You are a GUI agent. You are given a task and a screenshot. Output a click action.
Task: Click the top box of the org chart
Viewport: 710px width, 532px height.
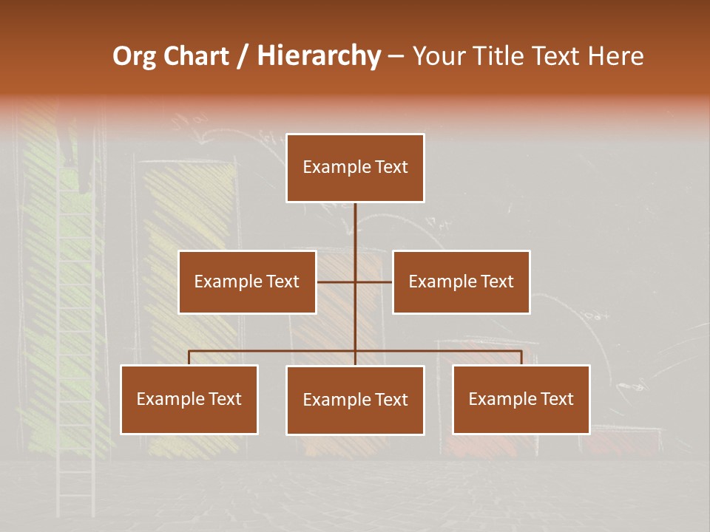tap(355, 168)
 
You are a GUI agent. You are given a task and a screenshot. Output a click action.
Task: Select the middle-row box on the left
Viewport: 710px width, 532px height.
tap(247, 282)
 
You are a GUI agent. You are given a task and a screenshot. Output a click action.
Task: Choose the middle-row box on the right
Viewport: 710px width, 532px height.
tap(461, 282)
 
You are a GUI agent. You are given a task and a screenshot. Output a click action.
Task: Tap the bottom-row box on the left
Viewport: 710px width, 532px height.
tap(189, 399)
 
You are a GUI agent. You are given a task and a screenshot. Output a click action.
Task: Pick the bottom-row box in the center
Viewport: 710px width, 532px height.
tap(355, 400)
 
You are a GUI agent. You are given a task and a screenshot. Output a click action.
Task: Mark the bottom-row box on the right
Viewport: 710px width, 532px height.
tap(521, 399)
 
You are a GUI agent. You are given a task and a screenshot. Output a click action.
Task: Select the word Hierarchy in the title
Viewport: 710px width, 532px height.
tap(318, 56)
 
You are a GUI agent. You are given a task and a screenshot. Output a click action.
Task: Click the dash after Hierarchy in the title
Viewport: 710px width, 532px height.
tap(396, 57)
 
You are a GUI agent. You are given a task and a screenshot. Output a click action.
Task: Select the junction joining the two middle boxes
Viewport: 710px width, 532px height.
tap(355, 282)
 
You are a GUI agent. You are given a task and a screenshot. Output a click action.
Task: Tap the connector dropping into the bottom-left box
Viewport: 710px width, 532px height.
tap(189, 357)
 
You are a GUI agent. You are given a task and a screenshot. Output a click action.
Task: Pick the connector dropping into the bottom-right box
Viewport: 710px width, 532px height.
tap(521, 357)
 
